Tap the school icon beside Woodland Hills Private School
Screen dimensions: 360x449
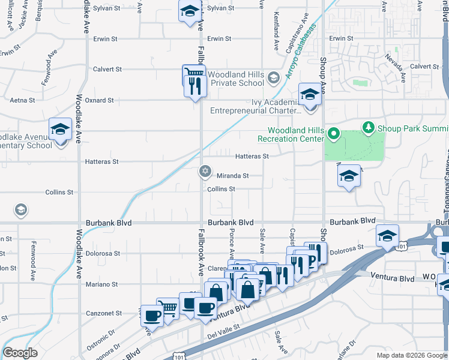[273, 77]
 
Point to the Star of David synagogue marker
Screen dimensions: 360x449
[205, 172]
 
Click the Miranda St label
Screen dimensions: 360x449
[232, 176]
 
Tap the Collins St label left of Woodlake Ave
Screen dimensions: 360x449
[59, 193]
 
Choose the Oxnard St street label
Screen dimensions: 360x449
[99, 100]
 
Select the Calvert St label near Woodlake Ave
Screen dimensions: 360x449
[107, 69]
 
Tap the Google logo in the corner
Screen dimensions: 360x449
[20, 353]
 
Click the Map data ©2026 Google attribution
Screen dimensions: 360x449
[411, 355]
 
